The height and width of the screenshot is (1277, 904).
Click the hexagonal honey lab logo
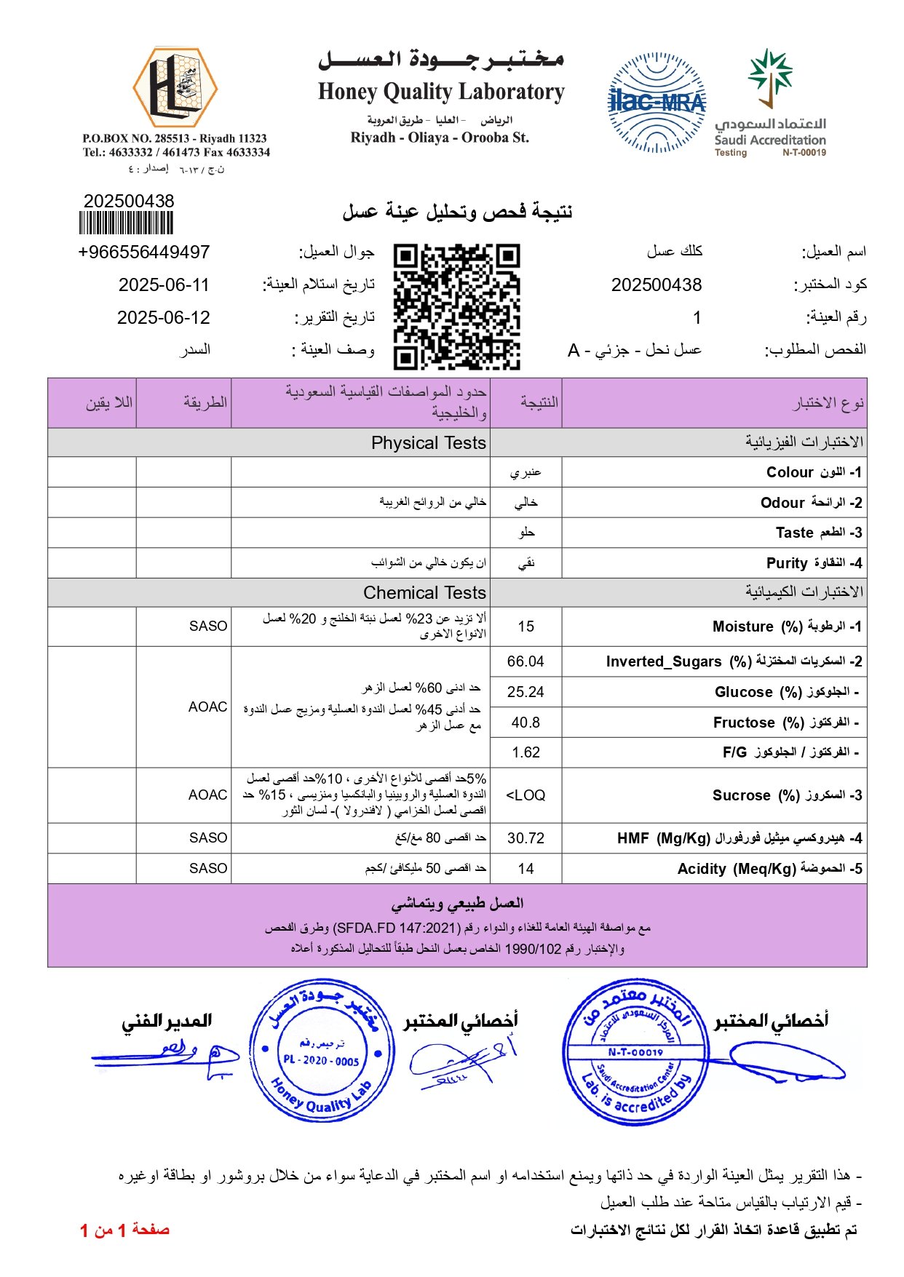pos(175,87)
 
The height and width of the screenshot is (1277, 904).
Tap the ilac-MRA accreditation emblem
pos(657,103)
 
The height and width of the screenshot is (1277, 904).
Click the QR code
pos(456,306)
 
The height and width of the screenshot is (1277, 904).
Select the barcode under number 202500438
pos(126,223)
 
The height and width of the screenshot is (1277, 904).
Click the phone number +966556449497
pos(143,252)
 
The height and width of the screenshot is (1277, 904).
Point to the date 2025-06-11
pos(164,285)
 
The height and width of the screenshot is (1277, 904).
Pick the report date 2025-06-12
pos(164,317)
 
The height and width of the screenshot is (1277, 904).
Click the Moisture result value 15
pos(526,626)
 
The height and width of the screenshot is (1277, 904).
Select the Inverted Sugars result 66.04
pos(526,661)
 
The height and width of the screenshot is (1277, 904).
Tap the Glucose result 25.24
pos(526,692)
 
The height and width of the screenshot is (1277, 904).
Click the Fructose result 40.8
pos(526,723)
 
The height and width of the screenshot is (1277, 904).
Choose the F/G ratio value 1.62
pos(526,752)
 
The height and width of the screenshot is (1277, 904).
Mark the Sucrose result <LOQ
pos(526,795)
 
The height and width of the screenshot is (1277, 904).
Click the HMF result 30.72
pos(526,838)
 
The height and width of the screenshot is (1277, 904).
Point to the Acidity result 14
pos(526,869)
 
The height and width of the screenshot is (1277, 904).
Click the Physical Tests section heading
pos(428,442)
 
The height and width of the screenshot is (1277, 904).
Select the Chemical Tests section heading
pos(424,592)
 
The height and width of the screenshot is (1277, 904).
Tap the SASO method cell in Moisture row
pos(208,626)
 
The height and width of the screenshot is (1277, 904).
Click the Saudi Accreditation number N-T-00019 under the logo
pos(804,153)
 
